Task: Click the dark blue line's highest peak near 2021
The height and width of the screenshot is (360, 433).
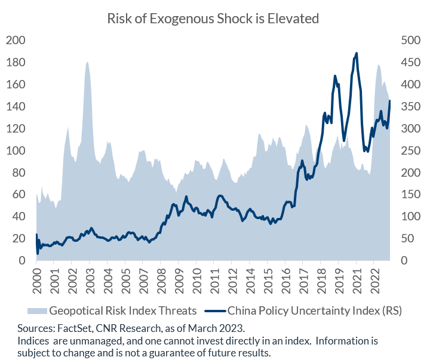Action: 357,53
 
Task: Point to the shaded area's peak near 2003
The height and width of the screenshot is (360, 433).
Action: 87,62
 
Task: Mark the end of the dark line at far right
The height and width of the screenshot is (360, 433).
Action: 390,101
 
